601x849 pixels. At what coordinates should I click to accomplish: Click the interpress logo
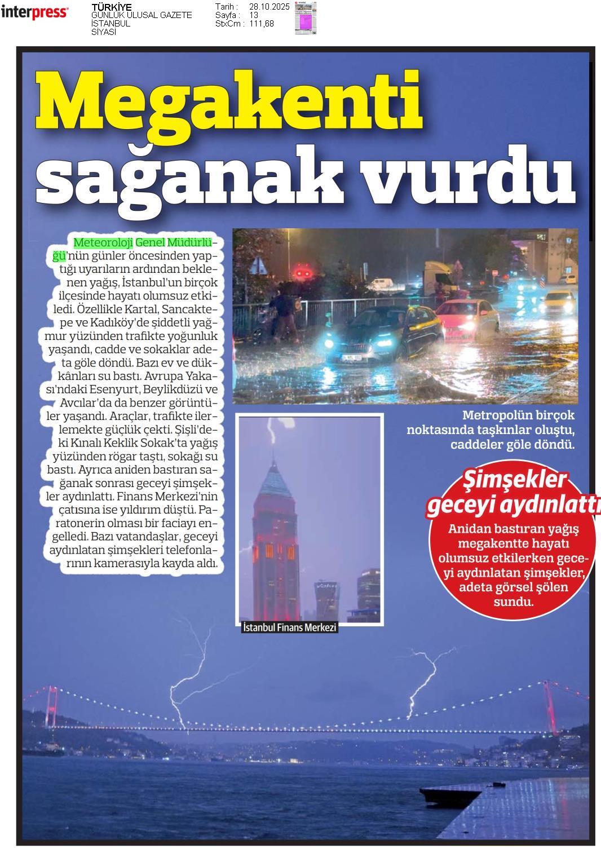(x=35, y=12)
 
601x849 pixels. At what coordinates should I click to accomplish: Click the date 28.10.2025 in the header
(x=269, y=7)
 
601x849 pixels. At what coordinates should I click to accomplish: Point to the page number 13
(x=254, y=15)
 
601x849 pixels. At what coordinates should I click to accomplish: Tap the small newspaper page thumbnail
(x=306, y=18)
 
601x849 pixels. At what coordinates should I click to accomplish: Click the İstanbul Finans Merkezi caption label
(x=289, y=627)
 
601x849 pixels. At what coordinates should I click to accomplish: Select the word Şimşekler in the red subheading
(x=514, y=480)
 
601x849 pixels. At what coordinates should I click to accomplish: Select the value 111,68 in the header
(x=262, y=24)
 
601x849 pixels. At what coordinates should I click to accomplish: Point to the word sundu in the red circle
(x=513, y=602)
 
